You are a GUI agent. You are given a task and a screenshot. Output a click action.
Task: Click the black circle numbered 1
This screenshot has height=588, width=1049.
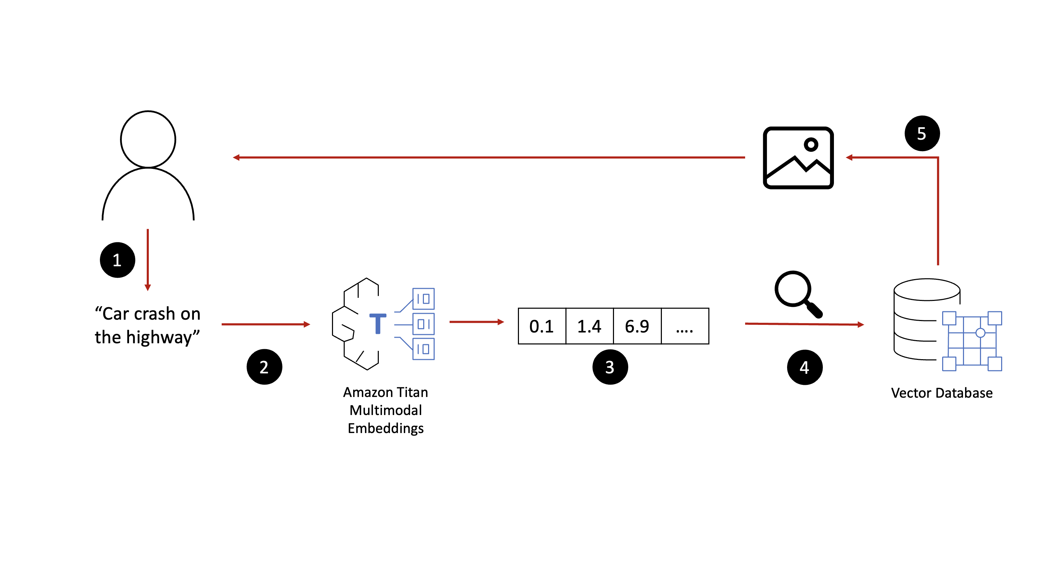tap(117, 260)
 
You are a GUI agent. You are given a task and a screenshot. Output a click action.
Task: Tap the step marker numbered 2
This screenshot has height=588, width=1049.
tap(264, 367)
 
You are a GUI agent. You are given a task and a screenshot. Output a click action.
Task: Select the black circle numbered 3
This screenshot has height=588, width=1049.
tap(609, 367)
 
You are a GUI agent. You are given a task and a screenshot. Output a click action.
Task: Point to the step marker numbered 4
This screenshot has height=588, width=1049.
tap(804, 367)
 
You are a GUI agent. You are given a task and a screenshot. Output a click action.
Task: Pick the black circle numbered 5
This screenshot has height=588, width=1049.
tap(922, 133)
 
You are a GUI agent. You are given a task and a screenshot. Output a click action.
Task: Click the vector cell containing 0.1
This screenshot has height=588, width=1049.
tap(541, 326)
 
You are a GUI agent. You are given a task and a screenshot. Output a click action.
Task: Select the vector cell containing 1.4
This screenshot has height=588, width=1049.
tap(589, 326)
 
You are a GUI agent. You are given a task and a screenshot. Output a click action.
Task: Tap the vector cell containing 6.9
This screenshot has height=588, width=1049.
tap(637, 326)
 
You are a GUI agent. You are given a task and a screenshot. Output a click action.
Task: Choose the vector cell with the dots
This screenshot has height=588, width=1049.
tap(684, 326)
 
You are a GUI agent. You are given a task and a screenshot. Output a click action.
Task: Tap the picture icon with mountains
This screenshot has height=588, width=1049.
tap(798, 158)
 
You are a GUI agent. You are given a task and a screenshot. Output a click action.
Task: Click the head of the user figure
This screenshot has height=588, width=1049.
tap(148, 139)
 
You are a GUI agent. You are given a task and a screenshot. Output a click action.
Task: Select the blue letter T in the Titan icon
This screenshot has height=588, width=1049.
tap(377, 323)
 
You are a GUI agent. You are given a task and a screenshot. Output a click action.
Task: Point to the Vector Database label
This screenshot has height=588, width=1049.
tap(941, 393)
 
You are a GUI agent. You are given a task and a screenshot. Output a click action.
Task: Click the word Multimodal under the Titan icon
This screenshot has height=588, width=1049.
tap(386, 410)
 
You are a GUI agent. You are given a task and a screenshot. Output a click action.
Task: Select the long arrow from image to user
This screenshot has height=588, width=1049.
tap(489, 157)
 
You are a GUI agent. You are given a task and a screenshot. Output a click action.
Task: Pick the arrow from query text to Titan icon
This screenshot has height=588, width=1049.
tap(265, 324)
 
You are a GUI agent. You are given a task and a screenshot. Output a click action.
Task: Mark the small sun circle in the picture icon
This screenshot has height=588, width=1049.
tap(811, 144)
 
